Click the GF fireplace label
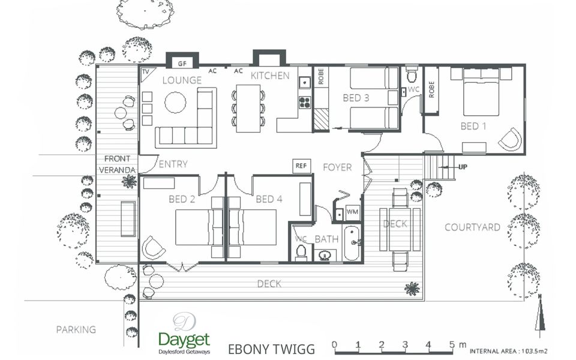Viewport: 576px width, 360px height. coord(182,64)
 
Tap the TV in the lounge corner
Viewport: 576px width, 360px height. coord(146,71)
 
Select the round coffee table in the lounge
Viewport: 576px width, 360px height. coord(175,102)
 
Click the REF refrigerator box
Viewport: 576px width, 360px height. coord(301,166)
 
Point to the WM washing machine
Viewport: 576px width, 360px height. coord(352,212)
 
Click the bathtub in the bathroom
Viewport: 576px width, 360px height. coord(352,243)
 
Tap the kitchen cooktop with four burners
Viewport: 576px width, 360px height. coord(305,102)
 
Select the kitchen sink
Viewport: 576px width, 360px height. coord(305,82)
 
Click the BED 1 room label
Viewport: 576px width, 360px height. coord(473,127)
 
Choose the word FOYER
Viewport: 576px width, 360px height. coord(337,167)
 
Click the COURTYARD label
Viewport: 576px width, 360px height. coord(472,227)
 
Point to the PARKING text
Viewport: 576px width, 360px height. coord(76,329)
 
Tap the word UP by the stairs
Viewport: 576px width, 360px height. coord(463,167)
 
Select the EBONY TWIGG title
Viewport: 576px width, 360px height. coord(271,349)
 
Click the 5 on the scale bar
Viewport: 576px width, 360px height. coord(452,344)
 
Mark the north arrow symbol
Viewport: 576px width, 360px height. coord(540,313)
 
